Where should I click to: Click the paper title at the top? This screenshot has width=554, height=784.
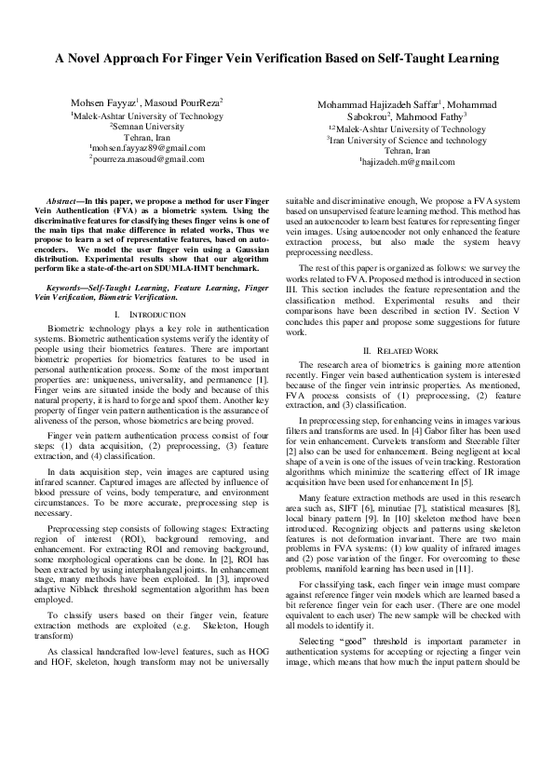[277, 59]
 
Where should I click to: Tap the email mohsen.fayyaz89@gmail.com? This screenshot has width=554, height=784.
[148, 147]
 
